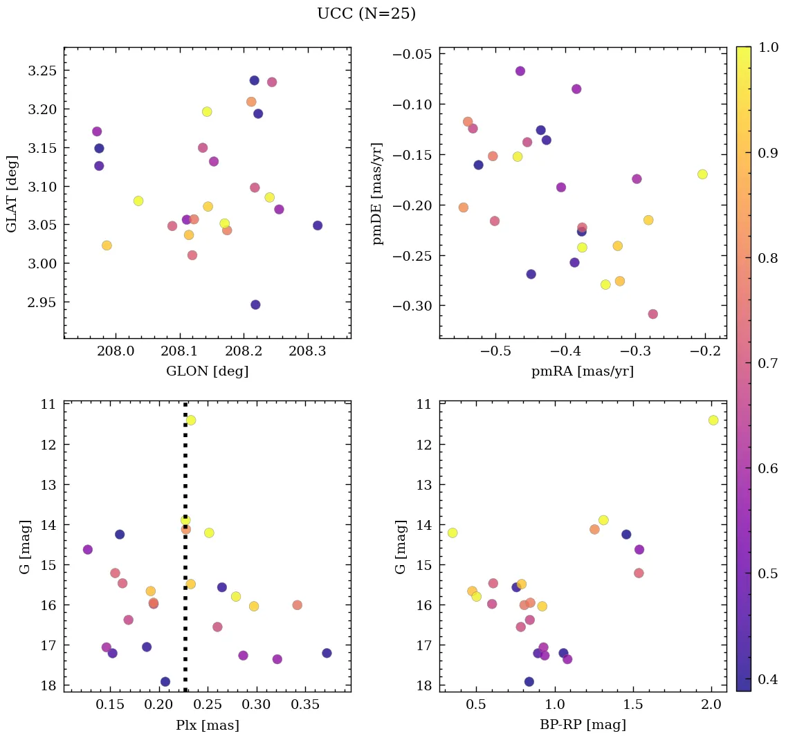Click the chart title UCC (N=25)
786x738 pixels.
[366, 14]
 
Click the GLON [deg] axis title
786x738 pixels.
[207, 371]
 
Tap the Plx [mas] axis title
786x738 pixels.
[207, 726]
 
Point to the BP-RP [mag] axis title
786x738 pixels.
[583, 726]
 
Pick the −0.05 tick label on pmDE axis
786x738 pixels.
[412, 55]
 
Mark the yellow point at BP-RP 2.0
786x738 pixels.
[713, 420]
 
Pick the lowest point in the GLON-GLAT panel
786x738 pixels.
[255, 305]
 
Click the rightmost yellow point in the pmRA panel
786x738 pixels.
[702, 174]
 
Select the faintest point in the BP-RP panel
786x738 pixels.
[529, 681]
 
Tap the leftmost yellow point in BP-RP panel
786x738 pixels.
[453, 533]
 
